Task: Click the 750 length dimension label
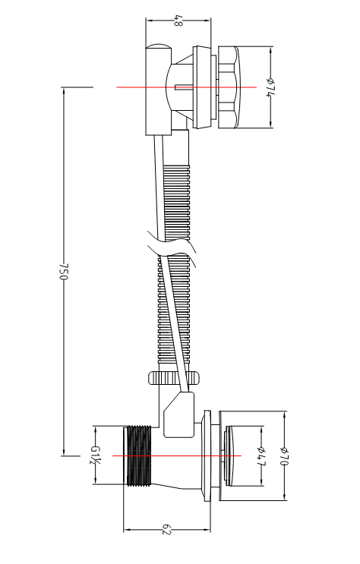pos(63,272)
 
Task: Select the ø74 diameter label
pos(270,87)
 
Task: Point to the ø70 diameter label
pos(285,455)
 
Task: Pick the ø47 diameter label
pos(262,455)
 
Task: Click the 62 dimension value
pos(166,530)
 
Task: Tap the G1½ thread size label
pos(95,455)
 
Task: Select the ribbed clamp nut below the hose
pos(174,378)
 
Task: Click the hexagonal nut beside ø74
pos(228,87)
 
